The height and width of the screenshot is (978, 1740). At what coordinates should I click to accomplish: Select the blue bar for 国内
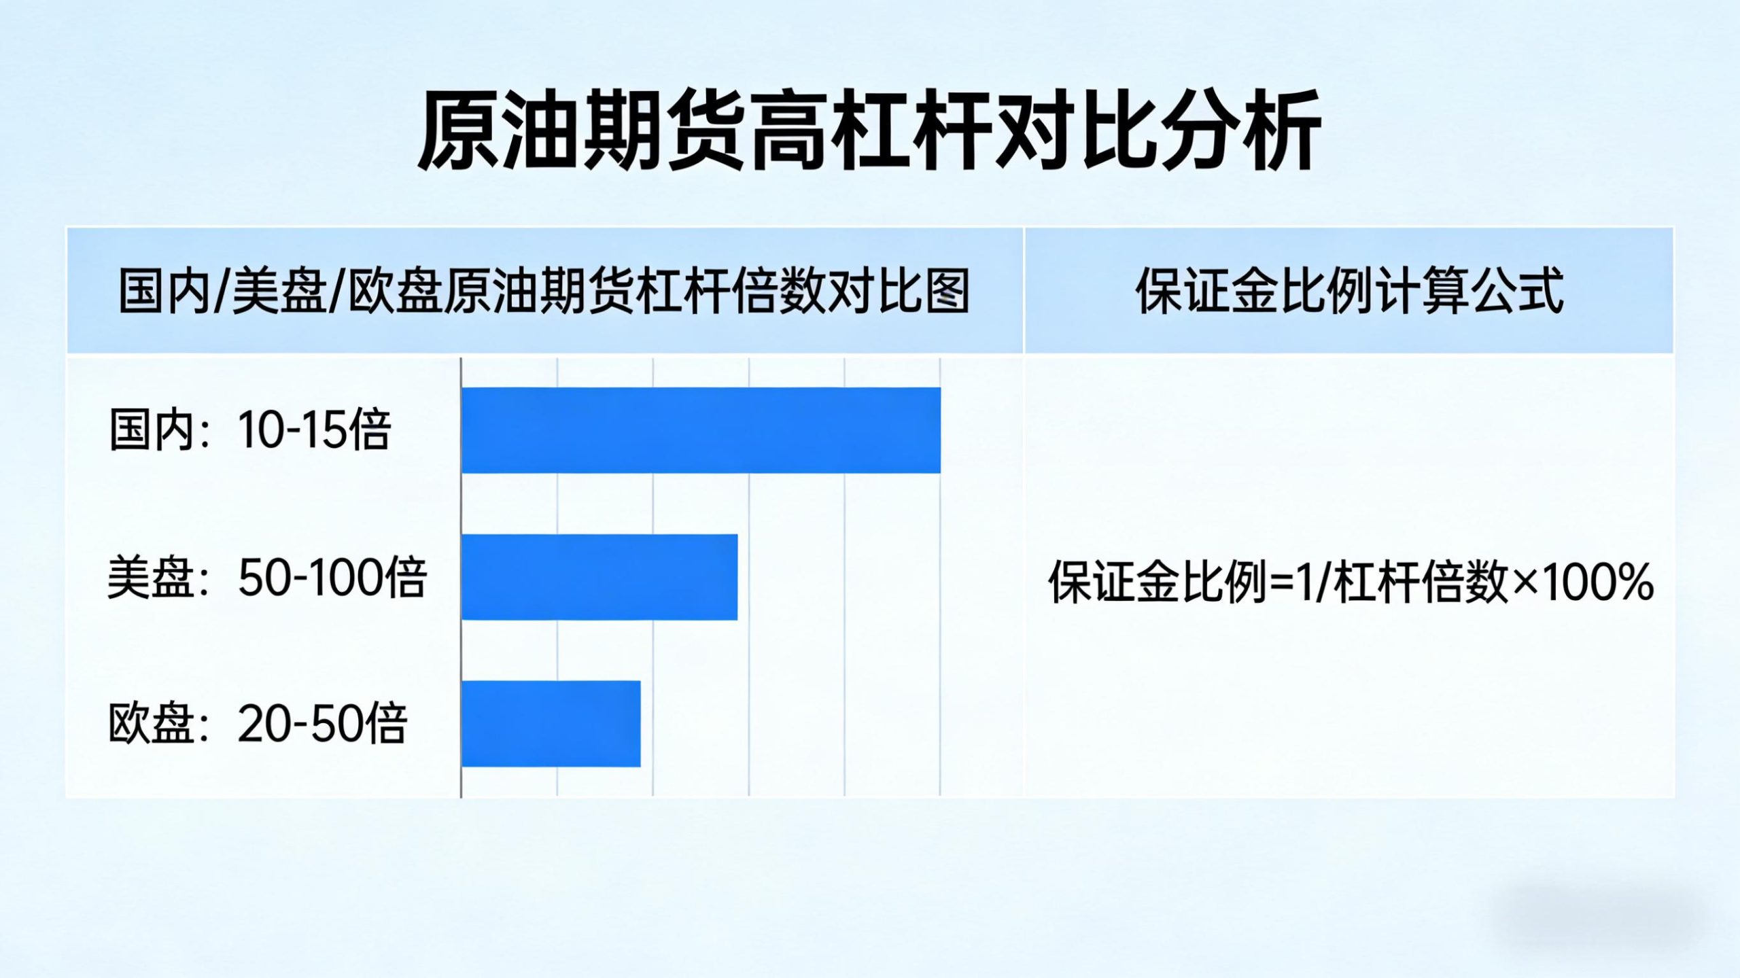tap(701, 430)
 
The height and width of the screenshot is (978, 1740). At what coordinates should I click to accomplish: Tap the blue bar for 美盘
tap(599, 577)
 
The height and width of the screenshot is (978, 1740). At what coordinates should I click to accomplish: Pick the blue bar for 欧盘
tap(551, 724)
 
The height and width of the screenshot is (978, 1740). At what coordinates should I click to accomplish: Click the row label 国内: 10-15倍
tap(250, 430)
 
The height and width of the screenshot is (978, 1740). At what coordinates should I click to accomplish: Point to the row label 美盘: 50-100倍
tap(267, 578)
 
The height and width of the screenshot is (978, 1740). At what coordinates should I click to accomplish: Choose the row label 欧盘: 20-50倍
tap(258, 723)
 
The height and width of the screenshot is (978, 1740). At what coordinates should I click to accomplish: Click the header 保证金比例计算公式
tap(1349, 291)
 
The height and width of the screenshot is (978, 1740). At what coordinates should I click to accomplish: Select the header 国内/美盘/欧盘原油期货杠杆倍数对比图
tap(544, 291)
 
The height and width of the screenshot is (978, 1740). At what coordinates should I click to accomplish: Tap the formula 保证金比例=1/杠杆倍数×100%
tap(1351, 582)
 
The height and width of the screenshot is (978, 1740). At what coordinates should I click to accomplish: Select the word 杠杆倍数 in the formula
tap(1421, 582)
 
